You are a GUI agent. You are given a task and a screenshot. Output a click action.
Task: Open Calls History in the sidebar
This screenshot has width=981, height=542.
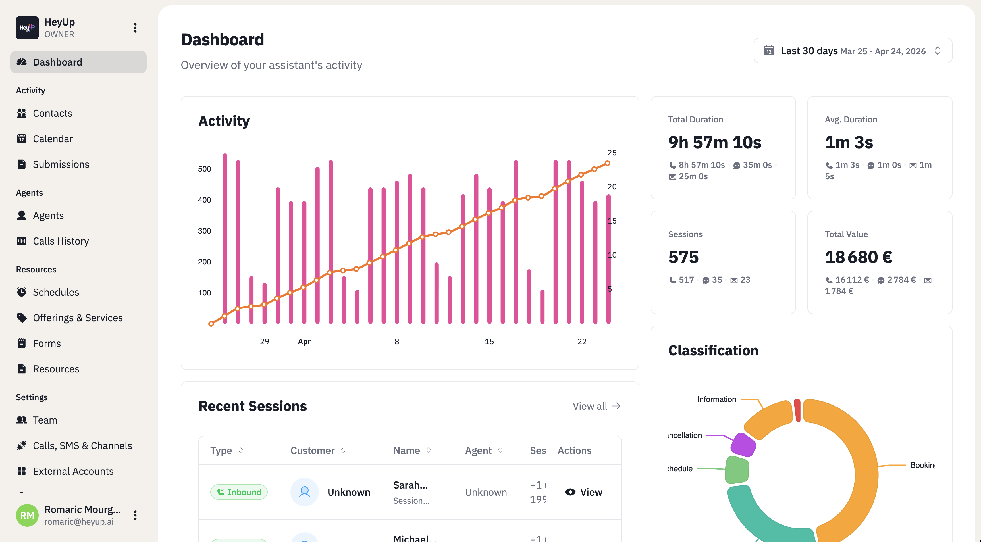click(x=61, y=241)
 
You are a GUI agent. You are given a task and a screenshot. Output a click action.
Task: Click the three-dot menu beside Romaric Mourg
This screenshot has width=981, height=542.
click(x=135, y=515)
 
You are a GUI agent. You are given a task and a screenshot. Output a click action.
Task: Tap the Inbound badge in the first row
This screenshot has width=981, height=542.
click(x=239, y=492)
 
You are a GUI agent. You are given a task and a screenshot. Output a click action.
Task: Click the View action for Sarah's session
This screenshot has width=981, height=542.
click(x=583, y=492)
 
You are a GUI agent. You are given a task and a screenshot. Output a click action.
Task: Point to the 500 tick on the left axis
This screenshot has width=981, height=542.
click(x=205, y=169)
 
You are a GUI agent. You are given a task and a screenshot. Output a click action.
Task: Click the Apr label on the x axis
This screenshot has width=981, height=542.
click(x=304, y=341)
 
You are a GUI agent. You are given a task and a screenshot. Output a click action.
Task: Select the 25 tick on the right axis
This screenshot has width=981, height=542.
click(x=612, y=152)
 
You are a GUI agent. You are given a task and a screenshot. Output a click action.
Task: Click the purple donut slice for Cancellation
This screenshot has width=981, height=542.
click(x=743, y=444)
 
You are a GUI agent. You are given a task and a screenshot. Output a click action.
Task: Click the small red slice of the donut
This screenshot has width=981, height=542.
click(x=797, y=410)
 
